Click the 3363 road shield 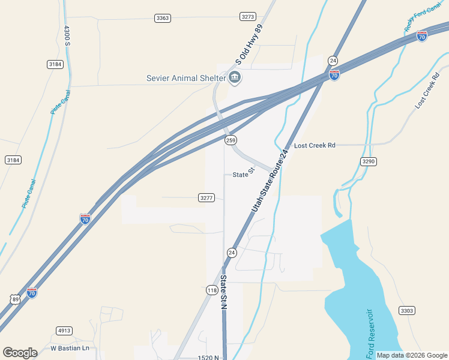click(x=162, y=18)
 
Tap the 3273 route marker click(x=247, y=17)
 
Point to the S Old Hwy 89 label click(x=249, y=44)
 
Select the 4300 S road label click(x=67, y=35)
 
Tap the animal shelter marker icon click(x=235, y=77)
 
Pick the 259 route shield click(x=230, y=140)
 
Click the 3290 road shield click(x=369, y=161)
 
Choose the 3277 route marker click(x=206, y=197)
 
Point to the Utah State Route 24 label click(x=270, y=180)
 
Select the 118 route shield click(x=212, y=290)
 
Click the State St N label click(x=223, y=292)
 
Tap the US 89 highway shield click(x=14, y=299)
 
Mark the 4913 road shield click(x=64, y=331)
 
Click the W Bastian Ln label click(x=70, y=348)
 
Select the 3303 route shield click(x=406, y=310)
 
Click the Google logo click(x=20, y=353)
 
